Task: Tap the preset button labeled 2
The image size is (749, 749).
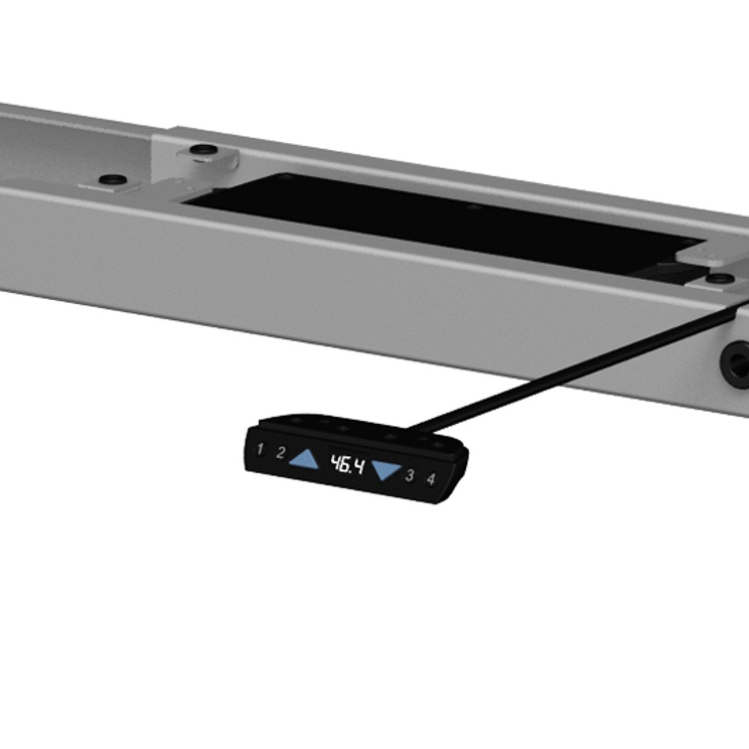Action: pyautogui.click(x=281, y=453)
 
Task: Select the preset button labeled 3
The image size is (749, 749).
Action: pyautogui.click(x=409, y=475)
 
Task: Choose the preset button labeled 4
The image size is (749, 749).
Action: pyautogui.click(x=431, y=479)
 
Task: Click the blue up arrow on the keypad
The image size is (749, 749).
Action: pyautogui.click(x=305, y=459)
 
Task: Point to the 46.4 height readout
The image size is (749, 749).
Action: pyautogui.click(x=347, y=465)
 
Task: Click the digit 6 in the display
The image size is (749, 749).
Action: pyautogui.click(x=345, y=465)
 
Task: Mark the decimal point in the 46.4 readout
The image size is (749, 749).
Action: pyautogui.click(x=352, y=472)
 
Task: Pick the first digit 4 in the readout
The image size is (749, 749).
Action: pyautogui.click(x=335, y=463)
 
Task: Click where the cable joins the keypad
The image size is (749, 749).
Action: pyautogui.click(x=407, y=428)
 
